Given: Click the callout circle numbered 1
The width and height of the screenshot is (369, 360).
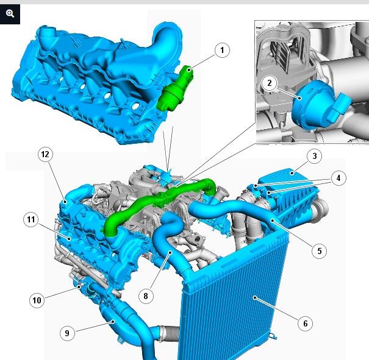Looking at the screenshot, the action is coord(222,50).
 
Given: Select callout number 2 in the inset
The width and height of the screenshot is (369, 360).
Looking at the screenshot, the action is coord(270,83).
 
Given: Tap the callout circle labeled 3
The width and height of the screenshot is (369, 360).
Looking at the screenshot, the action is coord(315,156).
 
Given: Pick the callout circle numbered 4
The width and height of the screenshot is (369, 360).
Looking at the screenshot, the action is coord(339,178).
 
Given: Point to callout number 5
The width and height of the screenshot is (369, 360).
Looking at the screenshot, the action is coord(320,251).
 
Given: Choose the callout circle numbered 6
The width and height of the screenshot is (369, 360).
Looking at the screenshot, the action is coord(305,323).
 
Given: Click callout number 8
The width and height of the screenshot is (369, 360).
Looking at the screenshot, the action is coord(146,296).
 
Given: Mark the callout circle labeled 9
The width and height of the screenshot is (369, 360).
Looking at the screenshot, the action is coord(67,333).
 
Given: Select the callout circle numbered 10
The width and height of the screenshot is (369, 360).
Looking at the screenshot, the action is coord(37,300).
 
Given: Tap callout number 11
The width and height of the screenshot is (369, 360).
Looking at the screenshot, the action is coord(31,219).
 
